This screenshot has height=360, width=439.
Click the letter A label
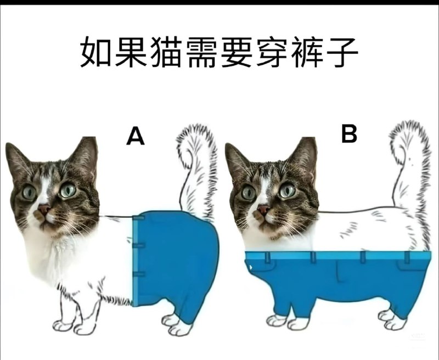click(136, 136)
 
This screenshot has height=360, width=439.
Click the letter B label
click(349, 133)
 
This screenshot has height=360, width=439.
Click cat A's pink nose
click(44, 209)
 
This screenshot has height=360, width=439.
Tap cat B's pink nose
click(263, 209)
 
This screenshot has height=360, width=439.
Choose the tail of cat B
click(409, 165)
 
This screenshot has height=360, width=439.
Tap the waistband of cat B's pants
click(335, 256)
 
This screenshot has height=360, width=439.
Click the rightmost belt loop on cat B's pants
click(407, 256)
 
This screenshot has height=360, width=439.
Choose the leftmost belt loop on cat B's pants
click(267, 257)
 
